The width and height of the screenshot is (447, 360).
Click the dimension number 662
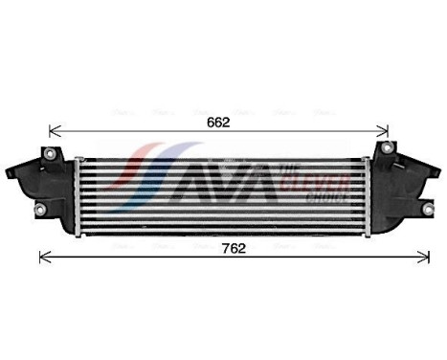218,123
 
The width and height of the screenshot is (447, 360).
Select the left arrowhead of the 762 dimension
43,257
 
